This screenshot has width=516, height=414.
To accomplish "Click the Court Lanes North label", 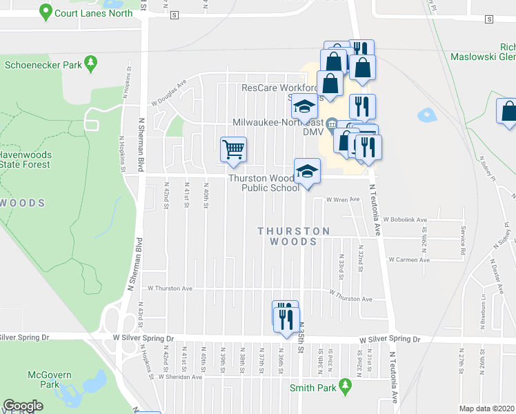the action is (x=93, y=13).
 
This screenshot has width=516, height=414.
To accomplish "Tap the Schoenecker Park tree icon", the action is (x=90, y=66).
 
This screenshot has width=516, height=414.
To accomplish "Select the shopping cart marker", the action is (x=234, y=150).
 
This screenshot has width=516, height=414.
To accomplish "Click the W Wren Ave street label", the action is (x=344, y=200).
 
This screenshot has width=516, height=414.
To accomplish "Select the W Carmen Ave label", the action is (x=408, y=260).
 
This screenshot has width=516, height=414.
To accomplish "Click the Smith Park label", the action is (x=312, y=388).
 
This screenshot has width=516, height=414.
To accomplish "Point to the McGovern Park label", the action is (x=45, y=379).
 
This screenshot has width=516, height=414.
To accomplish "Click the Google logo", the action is (x=23, y=406).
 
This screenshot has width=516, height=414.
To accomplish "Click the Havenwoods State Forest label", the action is (x=25, y=159).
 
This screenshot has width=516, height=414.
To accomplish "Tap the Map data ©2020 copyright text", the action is (x=486, y=408).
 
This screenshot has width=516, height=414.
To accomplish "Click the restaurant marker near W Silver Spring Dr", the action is (x=286, y=319).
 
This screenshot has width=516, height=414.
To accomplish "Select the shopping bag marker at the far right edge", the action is (x=508, y=112).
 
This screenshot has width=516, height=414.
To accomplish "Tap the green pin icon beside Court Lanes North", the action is (x=46, y=12).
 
